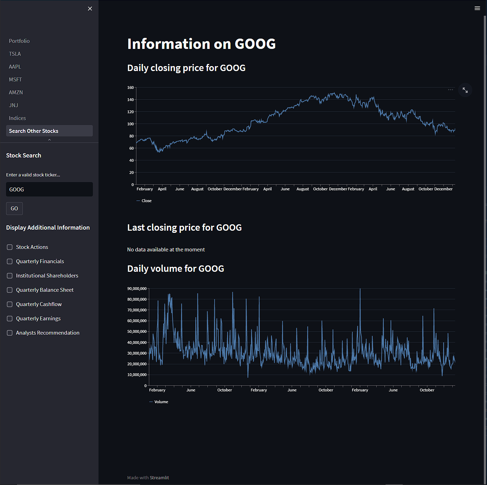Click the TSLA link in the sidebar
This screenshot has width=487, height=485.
15,54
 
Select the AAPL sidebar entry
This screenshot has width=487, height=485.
15,67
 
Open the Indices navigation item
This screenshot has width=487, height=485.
17,118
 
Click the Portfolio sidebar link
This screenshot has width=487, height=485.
19,41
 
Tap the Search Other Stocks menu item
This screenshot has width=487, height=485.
34,131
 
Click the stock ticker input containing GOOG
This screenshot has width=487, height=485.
49,189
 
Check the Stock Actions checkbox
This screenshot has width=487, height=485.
10,247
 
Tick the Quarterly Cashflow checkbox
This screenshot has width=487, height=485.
10,304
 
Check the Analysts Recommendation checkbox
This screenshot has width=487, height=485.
10,333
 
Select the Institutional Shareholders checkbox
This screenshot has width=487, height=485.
10,276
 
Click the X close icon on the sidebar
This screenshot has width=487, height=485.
90,9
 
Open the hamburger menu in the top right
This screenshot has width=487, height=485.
477,8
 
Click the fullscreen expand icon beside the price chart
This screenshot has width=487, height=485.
465,90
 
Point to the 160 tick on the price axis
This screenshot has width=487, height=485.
130,87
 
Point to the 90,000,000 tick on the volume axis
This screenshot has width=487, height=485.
137,289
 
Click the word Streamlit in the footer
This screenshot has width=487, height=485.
159,477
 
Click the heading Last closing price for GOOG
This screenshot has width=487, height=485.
184,227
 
